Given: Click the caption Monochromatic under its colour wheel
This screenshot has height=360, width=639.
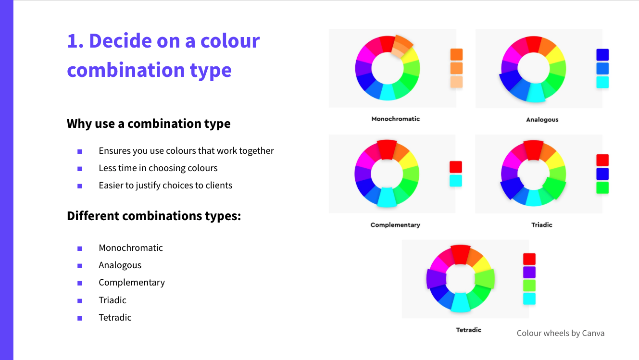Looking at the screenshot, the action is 395,119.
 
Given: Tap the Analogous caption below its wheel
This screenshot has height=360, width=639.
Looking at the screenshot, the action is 542,120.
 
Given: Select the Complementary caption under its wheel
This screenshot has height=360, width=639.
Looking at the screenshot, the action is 395,225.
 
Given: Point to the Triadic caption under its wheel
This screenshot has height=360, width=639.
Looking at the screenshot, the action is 542,225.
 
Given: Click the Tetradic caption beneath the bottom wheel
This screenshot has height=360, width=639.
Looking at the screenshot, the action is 468,330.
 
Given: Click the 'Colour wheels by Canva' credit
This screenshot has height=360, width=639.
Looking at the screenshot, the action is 561,333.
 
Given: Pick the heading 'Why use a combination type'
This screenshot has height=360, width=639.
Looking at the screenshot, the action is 149,124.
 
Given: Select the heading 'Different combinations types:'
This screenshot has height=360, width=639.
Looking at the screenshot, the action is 154,216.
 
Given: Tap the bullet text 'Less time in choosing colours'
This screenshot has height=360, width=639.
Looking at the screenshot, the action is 158,168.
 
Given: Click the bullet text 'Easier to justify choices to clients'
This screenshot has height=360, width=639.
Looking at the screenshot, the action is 165,186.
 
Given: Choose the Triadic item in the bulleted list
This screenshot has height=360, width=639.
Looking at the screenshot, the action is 113,300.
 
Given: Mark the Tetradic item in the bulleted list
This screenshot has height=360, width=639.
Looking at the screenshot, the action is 115,318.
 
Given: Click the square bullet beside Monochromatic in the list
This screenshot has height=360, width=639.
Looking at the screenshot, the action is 80,248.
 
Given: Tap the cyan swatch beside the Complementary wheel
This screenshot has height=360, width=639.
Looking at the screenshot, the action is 456,181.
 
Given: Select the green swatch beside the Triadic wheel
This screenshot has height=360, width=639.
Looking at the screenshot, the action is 602,188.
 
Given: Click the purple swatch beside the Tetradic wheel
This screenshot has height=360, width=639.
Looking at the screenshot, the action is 529,272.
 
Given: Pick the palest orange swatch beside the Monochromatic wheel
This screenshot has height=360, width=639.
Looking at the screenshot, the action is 456,82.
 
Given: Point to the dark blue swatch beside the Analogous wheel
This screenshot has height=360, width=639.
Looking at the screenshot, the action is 602,55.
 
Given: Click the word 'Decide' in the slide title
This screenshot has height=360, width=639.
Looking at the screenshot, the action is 120,41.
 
